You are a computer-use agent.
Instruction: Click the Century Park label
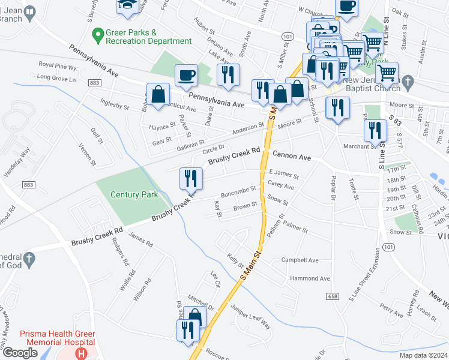tap(135, 194)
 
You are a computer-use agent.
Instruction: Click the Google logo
tap(20, 353)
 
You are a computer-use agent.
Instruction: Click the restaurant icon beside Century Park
tap(191, 178)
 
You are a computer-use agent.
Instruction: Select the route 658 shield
tap(332, 296)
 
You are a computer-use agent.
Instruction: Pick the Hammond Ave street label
tap(310, 278)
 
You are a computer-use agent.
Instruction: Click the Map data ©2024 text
tap(423, 355)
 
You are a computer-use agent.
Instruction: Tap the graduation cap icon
tap(127, 5)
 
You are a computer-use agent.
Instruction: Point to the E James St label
tap(284, 172)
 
